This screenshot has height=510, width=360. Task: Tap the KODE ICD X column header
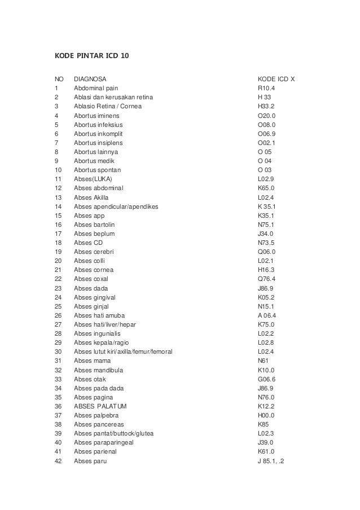(x=276, y=79)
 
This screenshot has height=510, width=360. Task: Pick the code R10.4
(x=266, y=88)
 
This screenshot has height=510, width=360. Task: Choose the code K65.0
(x=266, y=188)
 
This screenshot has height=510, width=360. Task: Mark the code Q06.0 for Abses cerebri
(x=267, y=251)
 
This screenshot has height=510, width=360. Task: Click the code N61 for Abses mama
(x=262, y=360)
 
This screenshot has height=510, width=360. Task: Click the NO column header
(x=59, y=79)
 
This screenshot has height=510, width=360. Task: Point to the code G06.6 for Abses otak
(x=267, y=379)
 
